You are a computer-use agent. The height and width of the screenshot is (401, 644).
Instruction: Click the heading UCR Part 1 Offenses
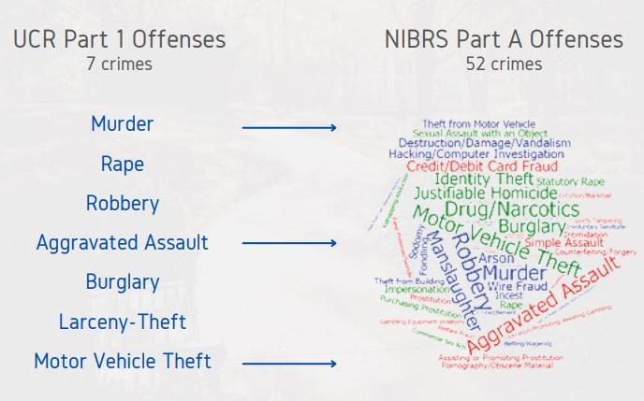coord(119,39)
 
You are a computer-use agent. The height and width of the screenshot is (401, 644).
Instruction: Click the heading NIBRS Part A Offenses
coord(504,39)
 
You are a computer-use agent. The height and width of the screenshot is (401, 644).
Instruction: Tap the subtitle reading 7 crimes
coord(119,64)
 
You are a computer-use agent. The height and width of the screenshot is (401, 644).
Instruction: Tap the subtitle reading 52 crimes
coord(504,64)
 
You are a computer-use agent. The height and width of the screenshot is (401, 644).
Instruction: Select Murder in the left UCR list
coord(123,123)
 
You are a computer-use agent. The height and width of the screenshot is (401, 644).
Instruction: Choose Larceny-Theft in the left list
coord(123,322)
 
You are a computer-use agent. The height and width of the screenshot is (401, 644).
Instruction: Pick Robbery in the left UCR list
coord(123,203)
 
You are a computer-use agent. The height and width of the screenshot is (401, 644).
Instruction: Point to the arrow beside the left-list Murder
coord(289,126)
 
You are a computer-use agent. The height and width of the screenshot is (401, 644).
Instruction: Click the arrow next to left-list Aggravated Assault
coord(289,244)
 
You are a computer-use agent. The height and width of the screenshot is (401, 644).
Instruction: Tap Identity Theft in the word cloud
coord(480,179)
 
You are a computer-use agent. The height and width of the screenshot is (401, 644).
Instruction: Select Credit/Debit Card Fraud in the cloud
coord(476,165)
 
